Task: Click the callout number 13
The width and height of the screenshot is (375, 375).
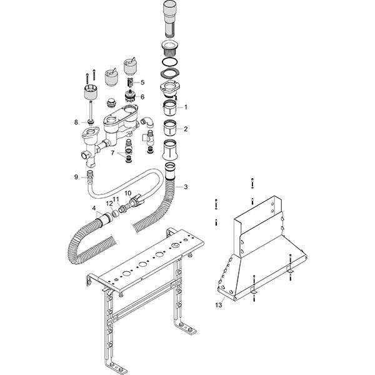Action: click(x=219, y=305)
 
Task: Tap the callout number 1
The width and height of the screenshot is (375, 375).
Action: click(x=186, y=107)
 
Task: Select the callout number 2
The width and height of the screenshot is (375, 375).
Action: click(x=186, y=129)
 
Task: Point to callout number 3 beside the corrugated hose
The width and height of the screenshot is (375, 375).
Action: click(x=186, y=187)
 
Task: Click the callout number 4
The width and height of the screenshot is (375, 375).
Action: click(x=94, y=208)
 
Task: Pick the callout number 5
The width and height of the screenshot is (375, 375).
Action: click(x=142, y=82)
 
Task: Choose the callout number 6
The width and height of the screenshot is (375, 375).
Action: click(x=142, y=97)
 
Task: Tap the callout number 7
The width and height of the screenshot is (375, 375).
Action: click(x=112, y=153)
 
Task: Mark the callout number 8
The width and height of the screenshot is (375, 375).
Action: click(x=76, y=122)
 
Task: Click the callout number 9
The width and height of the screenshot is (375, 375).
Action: click(x=76, y=177)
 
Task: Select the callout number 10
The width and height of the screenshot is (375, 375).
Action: click(x=128, y=193)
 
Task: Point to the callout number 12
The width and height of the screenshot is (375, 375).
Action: click(x=109, y=204)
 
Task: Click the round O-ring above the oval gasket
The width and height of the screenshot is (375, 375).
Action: click(x=170, y=61)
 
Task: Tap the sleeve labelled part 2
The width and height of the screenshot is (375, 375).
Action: click(x=170, y=127)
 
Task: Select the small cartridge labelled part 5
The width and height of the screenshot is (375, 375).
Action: click(x=129, y=83)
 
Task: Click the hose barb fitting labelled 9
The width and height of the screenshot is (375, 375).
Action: click(x=90, y=176)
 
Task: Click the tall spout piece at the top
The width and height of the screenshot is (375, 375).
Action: click(x=170, y=19)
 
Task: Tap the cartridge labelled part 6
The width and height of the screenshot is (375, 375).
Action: click(x=131, y=96)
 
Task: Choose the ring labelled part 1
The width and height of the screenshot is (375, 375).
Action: click(x=170, y=107)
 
